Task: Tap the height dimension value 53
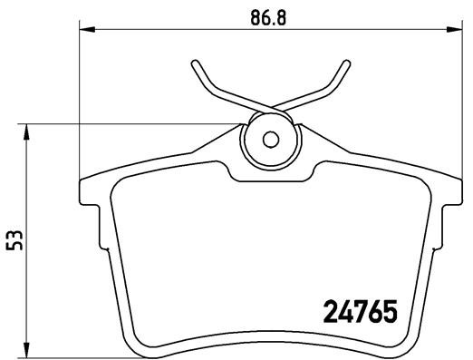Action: pyautogui.click(x=14, y=239)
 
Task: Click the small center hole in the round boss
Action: pyautogui.click(x=269, y=140)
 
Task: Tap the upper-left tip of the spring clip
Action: pyautogui.click(x=194, y=63)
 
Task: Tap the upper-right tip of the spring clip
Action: pyautogui.click(x=345, y=63)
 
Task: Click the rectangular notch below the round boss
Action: pyautogui.click(x=269, y=170)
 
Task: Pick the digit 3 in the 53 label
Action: pyautogui.click(x=14, y=233)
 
